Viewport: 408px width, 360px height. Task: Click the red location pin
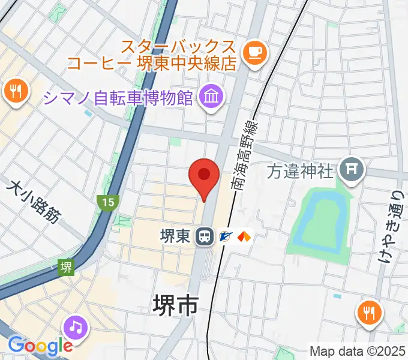click(x=203, y=176)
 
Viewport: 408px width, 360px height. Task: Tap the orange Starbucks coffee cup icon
click(x=254, y=52)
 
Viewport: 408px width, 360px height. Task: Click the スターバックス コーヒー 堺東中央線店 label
click(x=179, y=55)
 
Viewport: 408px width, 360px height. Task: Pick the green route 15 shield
click(x=108, y=202)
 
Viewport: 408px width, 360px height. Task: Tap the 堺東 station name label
click(x=176, y=236)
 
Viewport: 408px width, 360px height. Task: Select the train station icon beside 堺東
click(x=205, y=236)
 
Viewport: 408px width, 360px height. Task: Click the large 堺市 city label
click(x=176, y=306)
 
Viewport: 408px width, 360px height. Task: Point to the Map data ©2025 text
click(x=358, y=350)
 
